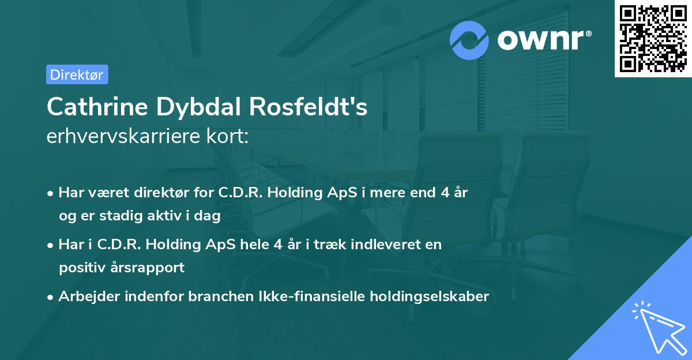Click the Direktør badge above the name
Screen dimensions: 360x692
tap(77, 74)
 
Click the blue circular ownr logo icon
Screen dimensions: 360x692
tap(470, 40)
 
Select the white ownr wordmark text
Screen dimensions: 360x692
tap(544, 40)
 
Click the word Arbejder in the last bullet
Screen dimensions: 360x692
tap(85, 297)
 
